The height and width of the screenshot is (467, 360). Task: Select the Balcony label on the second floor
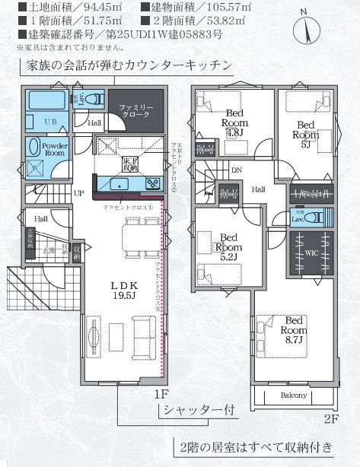click(x=294, y=396)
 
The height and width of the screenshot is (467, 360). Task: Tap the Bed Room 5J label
click(x=305, y=129)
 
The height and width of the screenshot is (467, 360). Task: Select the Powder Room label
click(x=55, y=148)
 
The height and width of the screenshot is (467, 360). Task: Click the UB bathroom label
click(x=50, y=122)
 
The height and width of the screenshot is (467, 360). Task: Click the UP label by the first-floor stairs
click(x=78, y=193)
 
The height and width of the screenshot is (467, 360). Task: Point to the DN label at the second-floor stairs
click(x=236, y=170)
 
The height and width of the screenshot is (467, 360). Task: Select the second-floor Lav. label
click(x=300, y=218)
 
